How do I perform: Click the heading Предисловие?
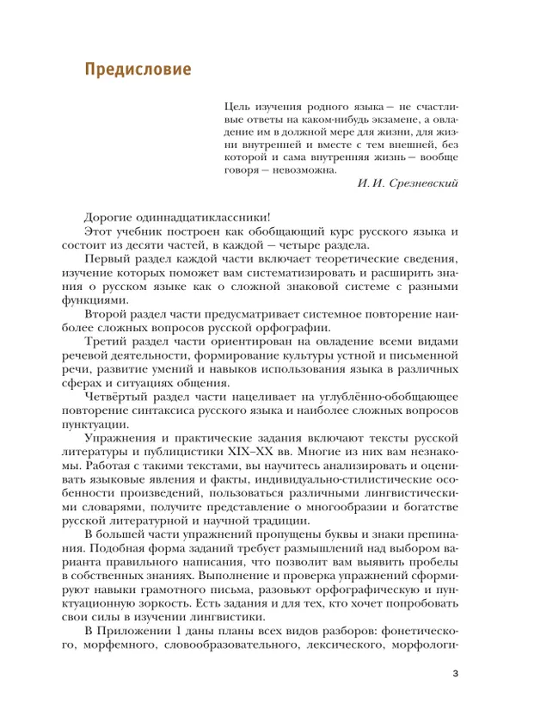tap(138, 70)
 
